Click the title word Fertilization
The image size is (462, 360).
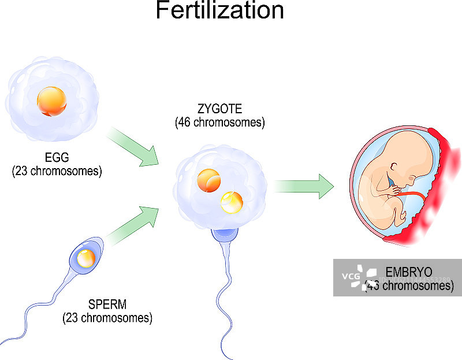[x=219, y=12]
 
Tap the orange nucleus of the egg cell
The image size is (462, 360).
[x=51, y=102]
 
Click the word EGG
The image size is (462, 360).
[x=57, y=158]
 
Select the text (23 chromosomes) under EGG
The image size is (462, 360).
[x=57, y=171]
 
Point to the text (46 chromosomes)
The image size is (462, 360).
[x=219, y=122]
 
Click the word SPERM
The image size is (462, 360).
[x=107, y=305]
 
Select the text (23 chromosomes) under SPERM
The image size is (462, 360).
[x=107, y=317]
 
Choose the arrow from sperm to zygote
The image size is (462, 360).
[x=133, y=226]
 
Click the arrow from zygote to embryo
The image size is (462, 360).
[x=303, y=187]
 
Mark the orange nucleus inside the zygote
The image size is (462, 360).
[x=207, y=180]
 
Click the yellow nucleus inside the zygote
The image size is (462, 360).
[x=231, y=202]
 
